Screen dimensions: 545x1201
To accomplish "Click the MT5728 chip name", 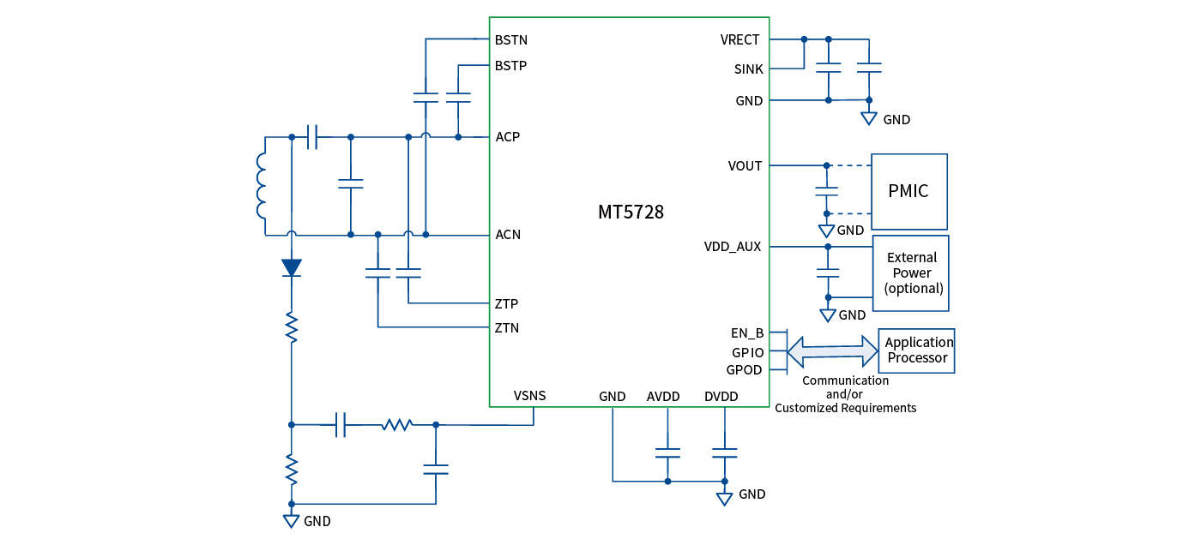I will [x=631, y=213].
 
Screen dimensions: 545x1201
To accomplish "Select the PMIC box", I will [x=908, y=191].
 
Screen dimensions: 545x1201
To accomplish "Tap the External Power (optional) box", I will [x=911, y=273].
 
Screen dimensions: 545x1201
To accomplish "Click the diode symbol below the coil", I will [x=292, y=267].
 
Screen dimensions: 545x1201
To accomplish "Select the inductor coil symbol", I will [x=261, y=185].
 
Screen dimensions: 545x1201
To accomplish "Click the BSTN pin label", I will [x=511, y=40].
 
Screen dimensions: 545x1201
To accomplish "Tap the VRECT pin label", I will [x=741, y=40].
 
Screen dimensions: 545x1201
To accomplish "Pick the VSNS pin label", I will [x=529, y=396].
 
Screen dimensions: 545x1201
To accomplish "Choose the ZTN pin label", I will [x=506, y=327].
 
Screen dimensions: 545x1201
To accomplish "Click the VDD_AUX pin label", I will [x=732, y=247].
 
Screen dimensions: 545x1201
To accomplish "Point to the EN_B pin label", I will [x=746, y=332].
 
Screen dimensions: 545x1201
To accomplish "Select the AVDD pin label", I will [x=663, y=397].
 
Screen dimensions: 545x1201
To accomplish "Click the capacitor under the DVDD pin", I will [x=725, y=452].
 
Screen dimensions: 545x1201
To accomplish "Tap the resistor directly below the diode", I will [x=292, y=327].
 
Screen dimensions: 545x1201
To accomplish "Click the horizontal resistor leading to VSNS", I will [x=397, y=424].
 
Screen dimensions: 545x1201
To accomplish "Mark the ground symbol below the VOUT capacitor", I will [x=827, y=231].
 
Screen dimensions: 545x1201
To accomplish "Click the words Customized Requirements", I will [x=845, y=408].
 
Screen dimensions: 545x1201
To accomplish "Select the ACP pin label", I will [x=507, y=137].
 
